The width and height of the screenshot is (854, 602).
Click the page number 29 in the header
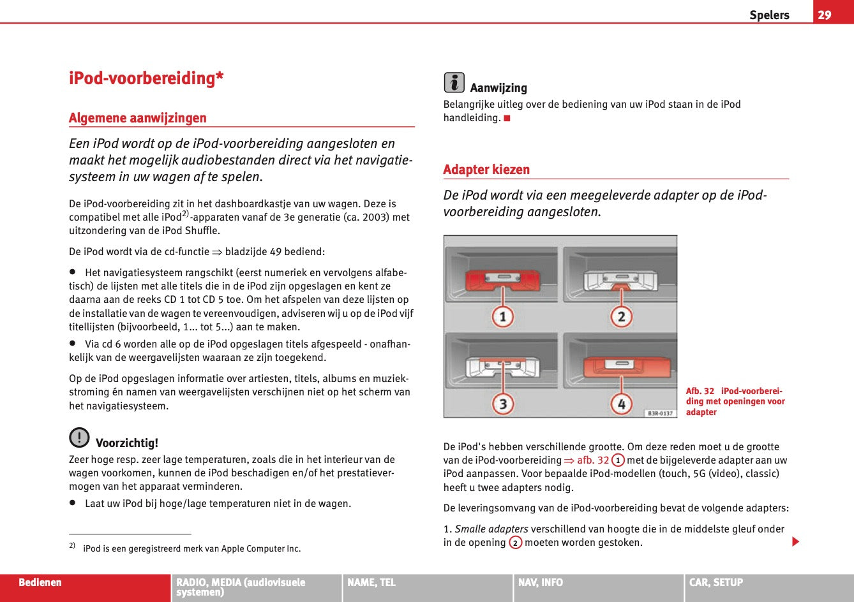coord(825,15)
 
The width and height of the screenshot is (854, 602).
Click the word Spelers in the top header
coord(769,15)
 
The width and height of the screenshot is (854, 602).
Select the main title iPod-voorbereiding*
coord(146,78)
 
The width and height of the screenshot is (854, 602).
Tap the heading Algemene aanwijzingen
coord(138,118)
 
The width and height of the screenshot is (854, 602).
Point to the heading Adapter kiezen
coord(486,170)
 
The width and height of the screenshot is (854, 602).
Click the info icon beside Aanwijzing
coord(454,82)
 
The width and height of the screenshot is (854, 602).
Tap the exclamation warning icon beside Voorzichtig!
coord(79,437)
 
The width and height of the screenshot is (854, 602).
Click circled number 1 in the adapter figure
coord(503,316)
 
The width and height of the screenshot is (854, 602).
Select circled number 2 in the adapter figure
coord(620,316)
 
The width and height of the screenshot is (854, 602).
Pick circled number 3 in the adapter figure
coord(503,403)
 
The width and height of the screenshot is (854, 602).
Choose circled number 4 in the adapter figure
coord(620,403)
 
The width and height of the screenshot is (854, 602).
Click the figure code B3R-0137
coord(660,413)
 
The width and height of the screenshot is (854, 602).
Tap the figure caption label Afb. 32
coord(700,391)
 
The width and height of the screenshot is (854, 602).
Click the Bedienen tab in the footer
coord(40,582)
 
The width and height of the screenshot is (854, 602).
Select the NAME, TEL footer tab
coord(371,582)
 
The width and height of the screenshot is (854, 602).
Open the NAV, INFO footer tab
coord(541,582)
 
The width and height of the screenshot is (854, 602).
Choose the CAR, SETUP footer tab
coord(716,582)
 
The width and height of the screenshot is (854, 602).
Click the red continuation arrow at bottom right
coord(795,542)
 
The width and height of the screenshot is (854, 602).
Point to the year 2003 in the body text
coord(366,217)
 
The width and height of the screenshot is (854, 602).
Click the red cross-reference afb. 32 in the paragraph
coord(593,460)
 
